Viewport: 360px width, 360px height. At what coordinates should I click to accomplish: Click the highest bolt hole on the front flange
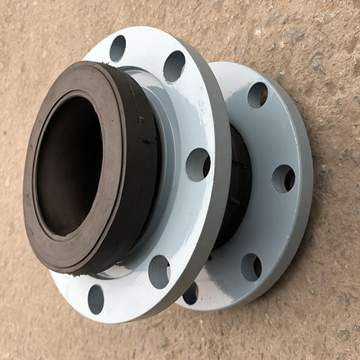tap(117, 48)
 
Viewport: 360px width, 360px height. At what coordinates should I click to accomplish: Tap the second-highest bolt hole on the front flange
tap(174, 66)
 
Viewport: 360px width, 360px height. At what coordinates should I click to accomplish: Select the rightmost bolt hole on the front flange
tap(197, 164)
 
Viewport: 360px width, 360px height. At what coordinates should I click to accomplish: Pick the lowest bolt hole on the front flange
tap(96, 299)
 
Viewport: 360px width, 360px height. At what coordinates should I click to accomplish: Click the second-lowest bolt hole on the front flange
tap(159, 271)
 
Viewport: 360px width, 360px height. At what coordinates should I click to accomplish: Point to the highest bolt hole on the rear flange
tap(257, 95)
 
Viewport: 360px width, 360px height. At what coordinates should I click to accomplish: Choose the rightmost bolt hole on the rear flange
tap(283, 179)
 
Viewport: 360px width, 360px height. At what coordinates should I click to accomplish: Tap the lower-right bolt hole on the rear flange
tap(251, 266)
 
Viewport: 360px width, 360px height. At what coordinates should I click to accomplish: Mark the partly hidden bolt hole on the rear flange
tap(191, 293)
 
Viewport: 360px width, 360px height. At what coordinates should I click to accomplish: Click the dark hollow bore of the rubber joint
tap(68, 166)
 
